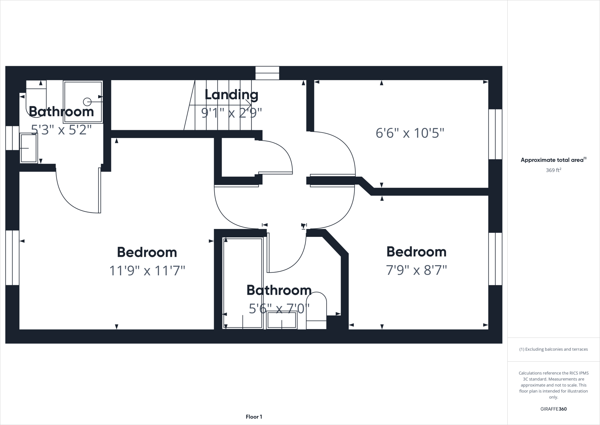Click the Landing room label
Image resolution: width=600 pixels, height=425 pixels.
pos(231,95)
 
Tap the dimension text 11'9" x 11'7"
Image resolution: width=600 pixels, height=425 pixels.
pos(147,271)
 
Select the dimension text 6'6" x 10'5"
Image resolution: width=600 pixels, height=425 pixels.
pos(410,133)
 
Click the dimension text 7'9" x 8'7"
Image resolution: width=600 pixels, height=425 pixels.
pos(416,270)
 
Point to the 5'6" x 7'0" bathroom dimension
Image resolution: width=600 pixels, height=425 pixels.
pos(279,308)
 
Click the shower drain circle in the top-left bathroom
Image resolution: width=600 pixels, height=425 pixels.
pos(87,102)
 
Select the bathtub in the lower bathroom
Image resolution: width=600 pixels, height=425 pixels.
pos(243,283)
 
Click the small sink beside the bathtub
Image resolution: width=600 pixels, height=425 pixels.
pos(282,320)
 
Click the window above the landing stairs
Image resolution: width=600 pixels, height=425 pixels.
pos(267,73)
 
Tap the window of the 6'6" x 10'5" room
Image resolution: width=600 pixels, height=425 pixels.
pos(495,134)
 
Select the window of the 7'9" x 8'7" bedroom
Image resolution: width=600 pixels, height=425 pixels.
pos(495,259)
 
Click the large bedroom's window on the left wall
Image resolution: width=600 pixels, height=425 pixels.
pos(12,257)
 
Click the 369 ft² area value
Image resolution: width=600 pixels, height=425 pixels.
pos(553,170)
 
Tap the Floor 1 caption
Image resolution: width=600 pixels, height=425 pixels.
pos(254,416)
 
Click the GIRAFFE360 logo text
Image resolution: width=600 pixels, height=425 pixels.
pos(553,409)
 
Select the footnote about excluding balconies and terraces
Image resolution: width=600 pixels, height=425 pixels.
pos(553,349)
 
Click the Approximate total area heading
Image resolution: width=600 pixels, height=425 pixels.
pos(553,160)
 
